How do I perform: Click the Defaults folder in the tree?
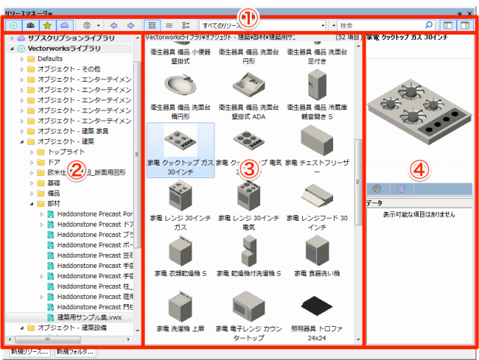point(50,58)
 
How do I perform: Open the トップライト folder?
point(66,151)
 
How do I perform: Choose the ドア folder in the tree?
point(54,161)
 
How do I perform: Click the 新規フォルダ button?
point(75,353)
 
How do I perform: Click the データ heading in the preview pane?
point(374,202)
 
